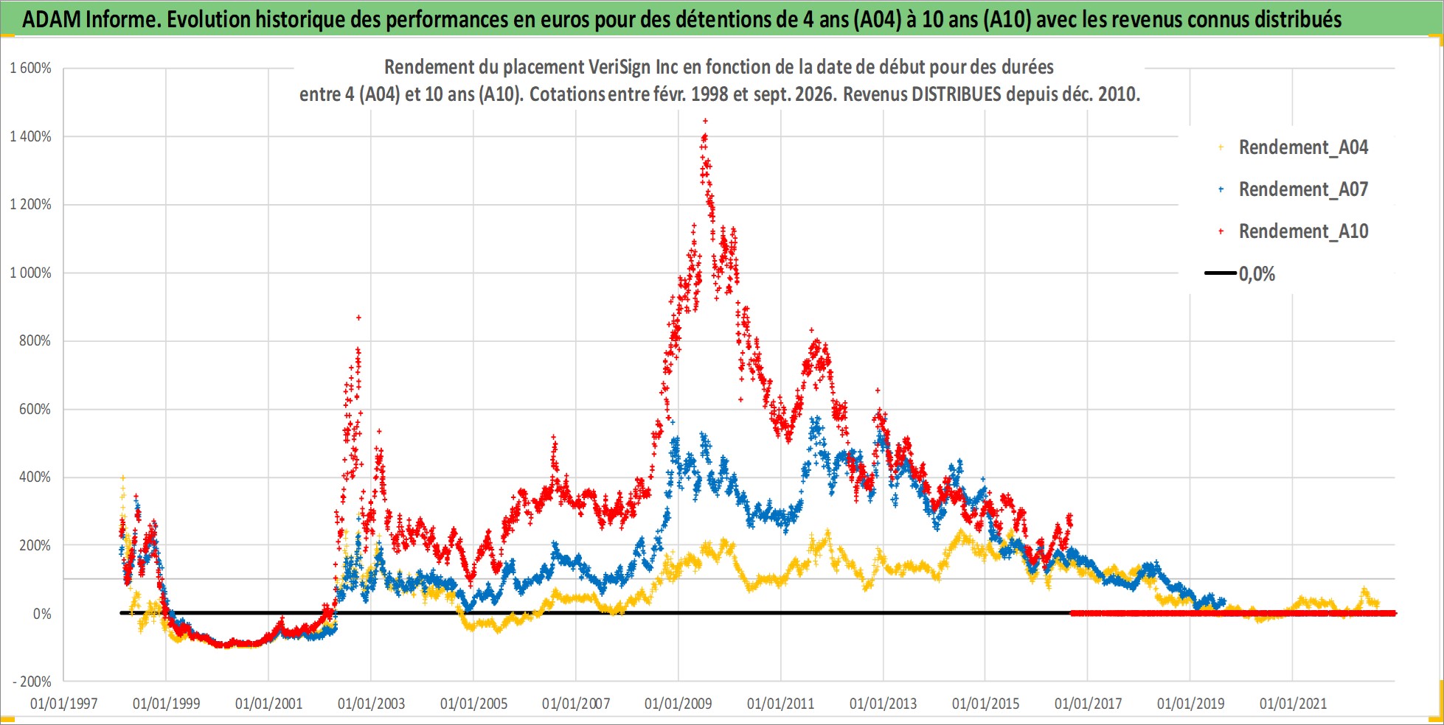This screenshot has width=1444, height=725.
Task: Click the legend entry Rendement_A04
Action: pyautogui.click(x=1294, y=147)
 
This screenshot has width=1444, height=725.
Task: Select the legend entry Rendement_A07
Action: pyautogui.click(x=1294, y=189)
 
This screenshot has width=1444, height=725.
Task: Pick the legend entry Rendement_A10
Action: pyautogui.click(x=1294, y=231)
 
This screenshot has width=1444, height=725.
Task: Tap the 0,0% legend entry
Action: pyautogui.click(x=1240, y=274)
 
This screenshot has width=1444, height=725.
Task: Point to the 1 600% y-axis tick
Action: pyautogui.click(x=30, y=69)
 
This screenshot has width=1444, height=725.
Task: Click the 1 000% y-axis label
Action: pyautogui.click(x=30, y=273)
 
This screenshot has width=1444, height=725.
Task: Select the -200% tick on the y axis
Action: pyautogui.click(x=32, y=682)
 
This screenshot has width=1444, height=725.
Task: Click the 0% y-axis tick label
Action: pyautogui.click(x=42, y=614)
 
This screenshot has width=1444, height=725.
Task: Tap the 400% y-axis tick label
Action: pyautogui.click(x=35, y=477)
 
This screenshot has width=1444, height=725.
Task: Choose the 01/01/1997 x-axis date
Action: pyautogui.click(x=64, y=704)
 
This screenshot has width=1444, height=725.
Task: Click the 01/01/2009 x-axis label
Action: pyautogui.click(x=678, y=704)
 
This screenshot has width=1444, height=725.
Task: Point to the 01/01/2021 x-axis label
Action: pyautogui.click(x=1293, y=704)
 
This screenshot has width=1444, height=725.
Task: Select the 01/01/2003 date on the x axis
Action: pyautogui.click(x=371, y=704)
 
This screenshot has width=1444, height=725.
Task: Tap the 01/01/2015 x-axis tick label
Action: pyautogui.click(x=985, y=704)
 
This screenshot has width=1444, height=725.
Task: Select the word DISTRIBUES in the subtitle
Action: pyautogui.click(x=957, y=94)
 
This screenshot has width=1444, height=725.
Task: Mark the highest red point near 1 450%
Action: pyautogui.click(x=705, y=120)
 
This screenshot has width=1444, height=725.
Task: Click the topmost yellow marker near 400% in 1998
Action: pyautogui.click(x=122, y=477)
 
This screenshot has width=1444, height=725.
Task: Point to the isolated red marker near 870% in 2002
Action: pyautogui.click(x=358, y=318)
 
